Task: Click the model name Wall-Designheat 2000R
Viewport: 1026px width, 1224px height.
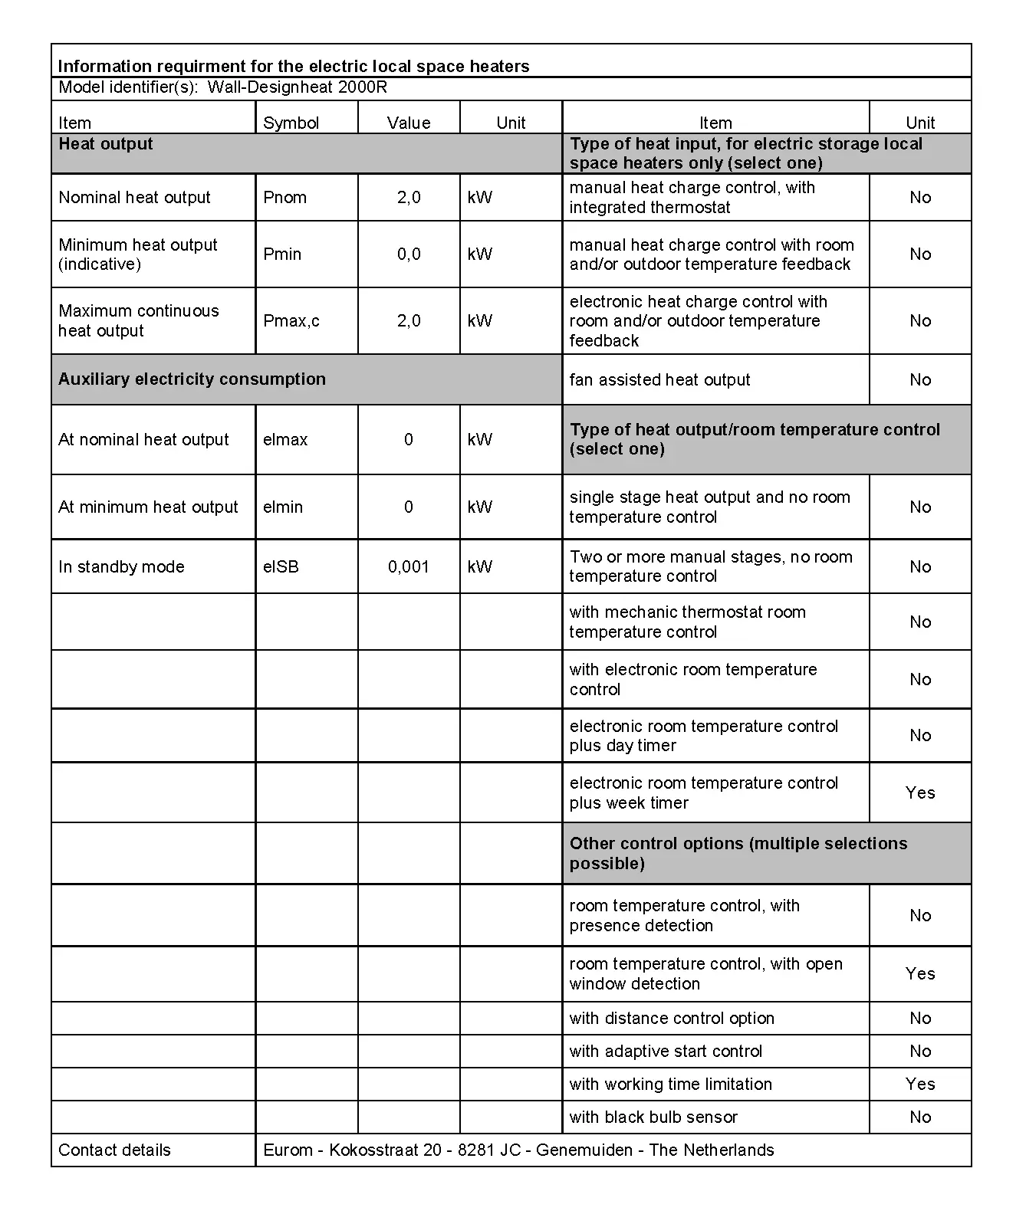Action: point(297,87)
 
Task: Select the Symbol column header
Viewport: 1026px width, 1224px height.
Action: point(291,123)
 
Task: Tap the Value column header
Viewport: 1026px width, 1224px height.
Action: point(409,123)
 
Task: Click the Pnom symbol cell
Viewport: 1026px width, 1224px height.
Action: point(284,198)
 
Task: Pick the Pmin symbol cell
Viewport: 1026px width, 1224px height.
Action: point(282,254)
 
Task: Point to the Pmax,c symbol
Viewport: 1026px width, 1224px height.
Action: point(291,321)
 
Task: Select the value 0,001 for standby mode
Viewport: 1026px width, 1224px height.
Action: point(409,567)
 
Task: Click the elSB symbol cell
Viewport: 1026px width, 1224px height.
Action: point(281,567)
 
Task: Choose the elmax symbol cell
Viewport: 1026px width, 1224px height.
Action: point(285,440)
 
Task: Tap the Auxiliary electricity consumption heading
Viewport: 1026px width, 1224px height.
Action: point(192,379)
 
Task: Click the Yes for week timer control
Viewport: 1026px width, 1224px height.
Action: point(920,793)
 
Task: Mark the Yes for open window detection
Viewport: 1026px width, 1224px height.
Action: point(920,974)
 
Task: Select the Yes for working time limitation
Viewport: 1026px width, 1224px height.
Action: point(920,1085)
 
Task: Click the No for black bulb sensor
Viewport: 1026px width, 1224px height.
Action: point(920,1117)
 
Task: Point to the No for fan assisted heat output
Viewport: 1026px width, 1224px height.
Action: point(920,380)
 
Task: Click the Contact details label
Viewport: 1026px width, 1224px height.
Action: point(114,1150)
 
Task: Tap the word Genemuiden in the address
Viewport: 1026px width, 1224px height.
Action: point(584,1150)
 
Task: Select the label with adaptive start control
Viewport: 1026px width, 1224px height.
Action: point(666,1052)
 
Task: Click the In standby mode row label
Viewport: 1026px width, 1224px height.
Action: point(121,567)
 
